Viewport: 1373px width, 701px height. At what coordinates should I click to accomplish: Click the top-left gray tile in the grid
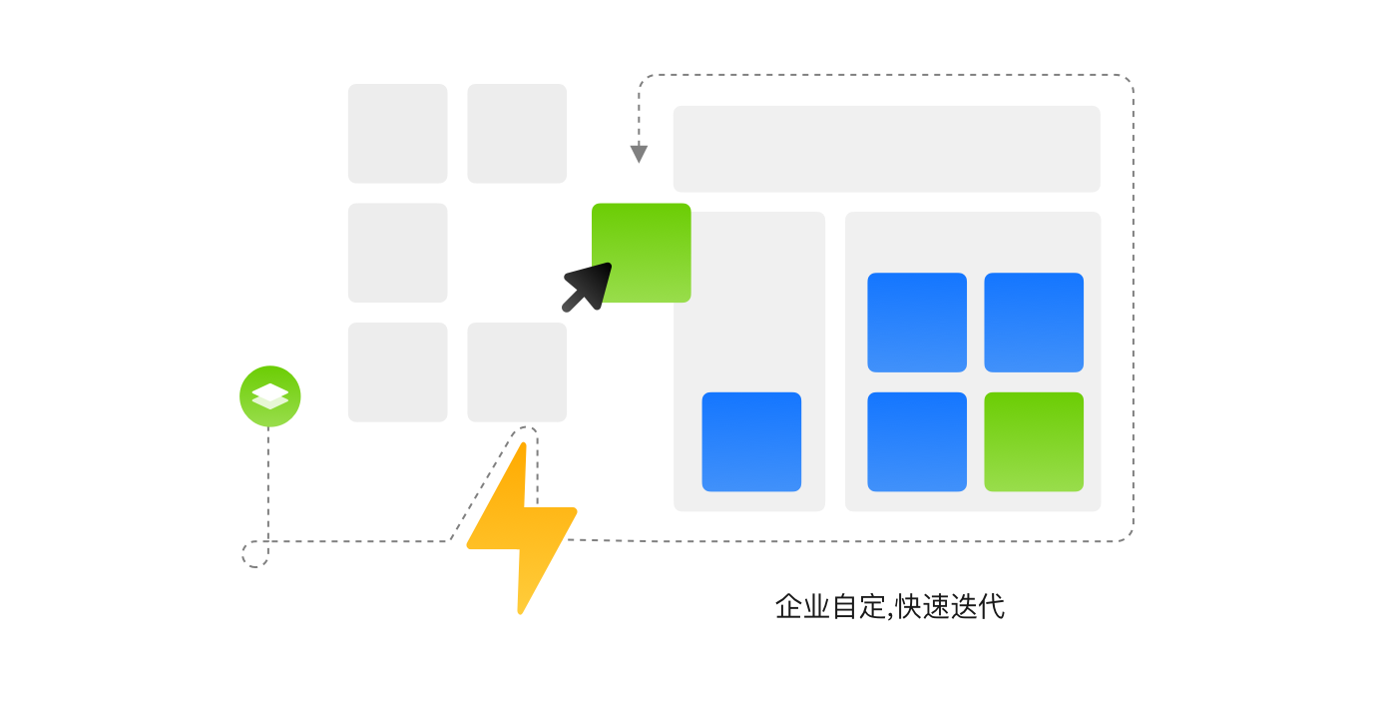397,133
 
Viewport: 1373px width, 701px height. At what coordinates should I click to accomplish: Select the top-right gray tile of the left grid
517,133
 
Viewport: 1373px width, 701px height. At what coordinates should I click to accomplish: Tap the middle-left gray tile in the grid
397,253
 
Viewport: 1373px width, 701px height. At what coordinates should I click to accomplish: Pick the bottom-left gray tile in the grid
397,371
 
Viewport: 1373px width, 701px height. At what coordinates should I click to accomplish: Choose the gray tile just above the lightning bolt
517,371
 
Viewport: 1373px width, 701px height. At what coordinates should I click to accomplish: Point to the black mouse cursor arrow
588,287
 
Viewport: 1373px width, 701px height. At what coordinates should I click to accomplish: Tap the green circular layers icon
269,396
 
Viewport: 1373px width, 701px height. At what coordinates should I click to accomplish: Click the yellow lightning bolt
521,524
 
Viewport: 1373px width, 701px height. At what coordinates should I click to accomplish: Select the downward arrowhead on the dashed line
639,154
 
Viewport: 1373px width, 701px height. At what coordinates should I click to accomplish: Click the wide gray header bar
886,149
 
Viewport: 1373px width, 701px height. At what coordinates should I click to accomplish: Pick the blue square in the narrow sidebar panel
751,441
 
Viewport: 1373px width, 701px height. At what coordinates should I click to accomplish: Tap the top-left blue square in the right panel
917,322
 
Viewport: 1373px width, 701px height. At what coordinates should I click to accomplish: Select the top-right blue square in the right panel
1034,322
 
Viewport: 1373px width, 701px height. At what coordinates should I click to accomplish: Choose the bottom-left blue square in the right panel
917,441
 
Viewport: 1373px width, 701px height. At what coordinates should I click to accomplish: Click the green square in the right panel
1034,441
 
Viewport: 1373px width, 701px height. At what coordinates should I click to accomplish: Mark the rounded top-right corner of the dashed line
1127,81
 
